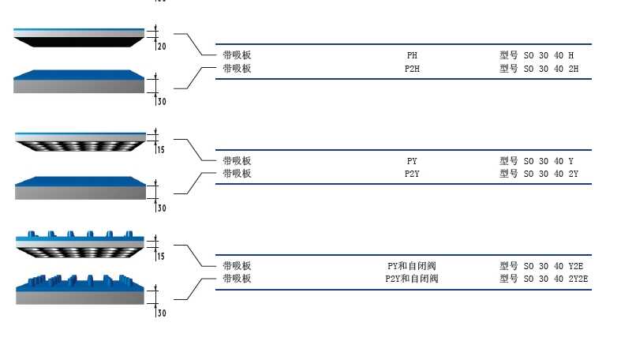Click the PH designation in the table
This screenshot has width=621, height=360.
(412, 56)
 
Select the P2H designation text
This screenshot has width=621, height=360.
(412, 69)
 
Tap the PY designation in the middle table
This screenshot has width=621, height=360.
(412, 161)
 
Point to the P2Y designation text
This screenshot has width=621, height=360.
(412, 174)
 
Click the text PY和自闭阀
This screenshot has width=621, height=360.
(411, 266)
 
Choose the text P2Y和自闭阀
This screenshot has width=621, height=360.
(411, 279)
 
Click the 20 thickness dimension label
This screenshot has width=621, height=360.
(162, 47)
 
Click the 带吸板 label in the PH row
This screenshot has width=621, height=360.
(237, 56)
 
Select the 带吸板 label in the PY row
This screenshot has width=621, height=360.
(237, 161)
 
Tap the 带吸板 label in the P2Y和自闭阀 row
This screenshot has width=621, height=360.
(237, 279)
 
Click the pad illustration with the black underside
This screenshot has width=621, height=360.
(79, 36)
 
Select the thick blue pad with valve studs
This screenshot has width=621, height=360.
(79, 290)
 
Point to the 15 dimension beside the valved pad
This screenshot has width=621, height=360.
(161, 257)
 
